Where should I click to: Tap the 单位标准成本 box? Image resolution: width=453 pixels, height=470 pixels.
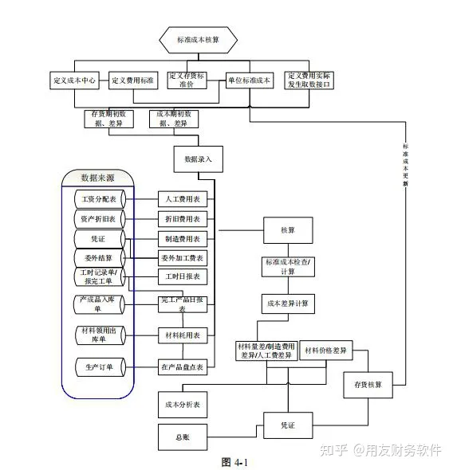click(x=250, y=80)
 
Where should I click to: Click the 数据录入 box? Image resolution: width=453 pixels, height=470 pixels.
click(x=198, y=159)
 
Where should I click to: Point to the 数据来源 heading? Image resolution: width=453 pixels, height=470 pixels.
click(x=102, y=177)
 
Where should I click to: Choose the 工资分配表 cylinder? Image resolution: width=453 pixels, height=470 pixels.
click(x=99, y=198)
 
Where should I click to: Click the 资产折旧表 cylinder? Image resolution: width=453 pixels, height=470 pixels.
click(x=99, y=218)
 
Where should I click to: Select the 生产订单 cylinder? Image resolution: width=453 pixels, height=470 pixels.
click(x=99, y=367)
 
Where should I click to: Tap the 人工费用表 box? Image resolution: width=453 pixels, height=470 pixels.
click(x=183, y=198)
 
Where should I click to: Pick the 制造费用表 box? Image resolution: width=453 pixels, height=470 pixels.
click(x=183, y=238)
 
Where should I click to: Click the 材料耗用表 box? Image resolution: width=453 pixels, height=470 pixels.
click(x=183, y=335)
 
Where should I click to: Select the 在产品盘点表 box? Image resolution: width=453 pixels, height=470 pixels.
click(x=183, y=367)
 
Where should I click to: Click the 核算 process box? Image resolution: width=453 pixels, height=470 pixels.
click(x=287, y=230)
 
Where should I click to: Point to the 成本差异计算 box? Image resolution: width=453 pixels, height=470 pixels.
click(x=287, y=304)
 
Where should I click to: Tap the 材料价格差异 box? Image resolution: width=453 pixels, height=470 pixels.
click(x=326, y=351)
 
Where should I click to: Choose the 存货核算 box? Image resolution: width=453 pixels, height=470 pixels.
click(x=368, y=385)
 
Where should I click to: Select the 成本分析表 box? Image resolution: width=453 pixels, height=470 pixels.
click(x=183, y=405)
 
